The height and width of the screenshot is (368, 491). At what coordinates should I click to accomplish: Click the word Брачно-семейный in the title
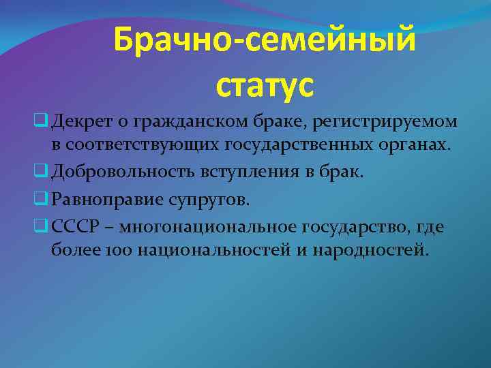264,40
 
